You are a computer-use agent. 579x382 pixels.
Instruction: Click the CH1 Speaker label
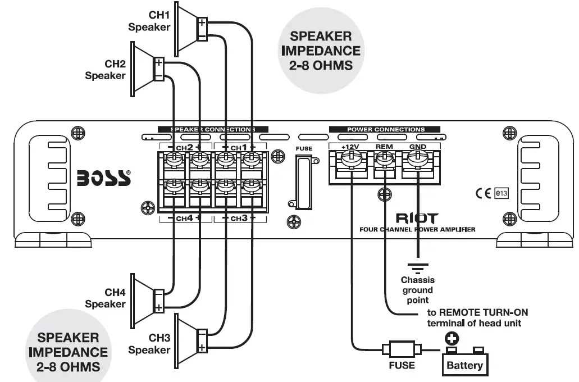149,21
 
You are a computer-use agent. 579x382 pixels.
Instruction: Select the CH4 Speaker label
105,298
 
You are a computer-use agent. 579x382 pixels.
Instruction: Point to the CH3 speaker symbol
189,339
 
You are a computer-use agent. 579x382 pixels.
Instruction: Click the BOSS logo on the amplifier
104,178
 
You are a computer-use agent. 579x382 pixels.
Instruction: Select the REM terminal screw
384,161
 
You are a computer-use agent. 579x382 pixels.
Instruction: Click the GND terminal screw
417,161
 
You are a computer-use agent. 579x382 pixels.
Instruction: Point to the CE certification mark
483,194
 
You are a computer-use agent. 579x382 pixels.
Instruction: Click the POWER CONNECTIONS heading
385,130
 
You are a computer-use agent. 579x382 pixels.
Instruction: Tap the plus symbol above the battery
451,338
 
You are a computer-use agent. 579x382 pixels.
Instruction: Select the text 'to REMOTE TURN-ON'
477,312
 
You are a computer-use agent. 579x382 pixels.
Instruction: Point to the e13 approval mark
501,194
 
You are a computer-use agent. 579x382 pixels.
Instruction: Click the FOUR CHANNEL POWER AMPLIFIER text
417,229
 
